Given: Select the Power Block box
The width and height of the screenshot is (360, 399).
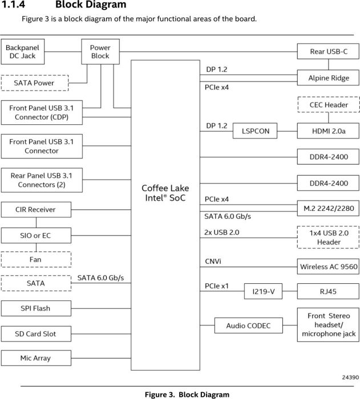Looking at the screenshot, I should coord(100,52).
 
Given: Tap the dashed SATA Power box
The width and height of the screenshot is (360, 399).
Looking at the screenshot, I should coord(34,83).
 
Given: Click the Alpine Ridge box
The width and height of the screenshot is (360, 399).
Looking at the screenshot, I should coord(328,78).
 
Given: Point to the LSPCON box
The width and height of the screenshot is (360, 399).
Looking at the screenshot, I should coord(255,131).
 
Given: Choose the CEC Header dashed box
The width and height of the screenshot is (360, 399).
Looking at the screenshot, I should coord(328,105).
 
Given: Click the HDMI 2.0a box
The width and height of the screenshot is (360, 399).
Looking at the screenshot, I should coord(328,131).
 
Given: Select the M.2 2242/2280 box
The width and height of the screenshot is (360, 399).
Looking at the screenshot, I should coord(328,209).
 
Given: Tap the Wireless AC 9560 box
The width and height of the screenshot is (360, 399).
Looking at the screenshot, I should coord(328,266).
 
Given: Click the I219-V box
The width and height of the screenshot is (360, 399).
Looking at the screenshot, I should coord(263,292).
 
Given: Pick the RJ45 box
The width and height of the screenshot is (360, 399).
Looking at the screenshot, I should coord(328,292).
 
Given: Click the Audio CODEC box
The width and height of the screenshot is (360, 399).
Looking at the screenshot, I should coord(248,326).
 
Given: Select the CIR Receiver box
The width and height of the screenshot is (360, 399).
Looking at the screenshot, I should coord(35,210).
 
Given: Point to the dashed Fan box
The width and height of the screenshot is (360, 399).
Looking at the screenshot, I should coord(35,260).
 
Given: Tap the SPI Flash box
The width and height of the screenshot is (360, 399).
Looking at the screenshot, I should coord(35,308).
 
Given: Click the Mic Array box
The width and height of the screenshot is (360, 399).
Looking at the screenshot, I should coord(35,358).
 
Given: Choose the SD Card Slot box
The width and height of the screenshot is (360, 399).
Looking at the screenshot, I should coord(35,333).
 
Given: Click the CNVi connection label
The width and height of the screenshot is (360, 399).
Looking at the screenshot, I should coord(213,261).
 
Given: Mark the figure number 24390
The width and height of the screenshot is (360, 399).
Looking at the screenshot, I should coord(349,377).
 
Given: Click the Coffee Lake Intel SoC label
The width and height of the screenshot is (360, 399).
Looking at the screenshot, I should coord(165,193).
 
